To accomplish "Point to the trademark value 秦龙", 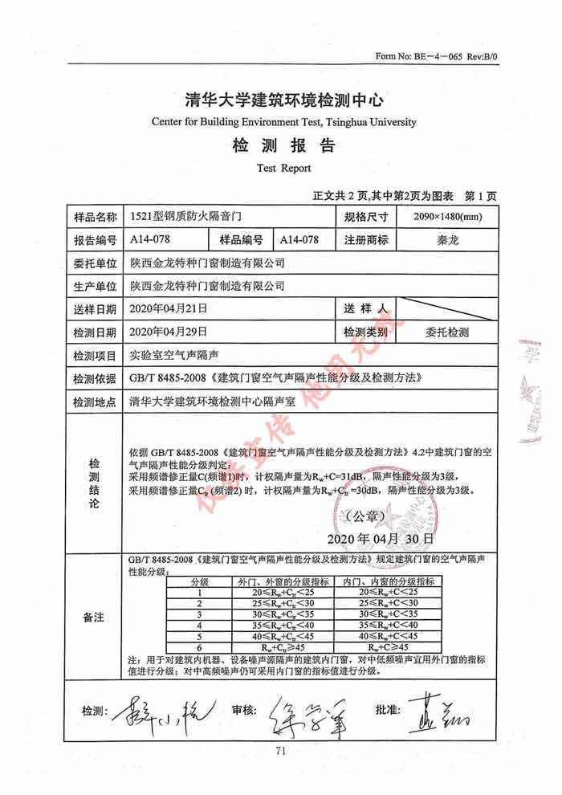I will coord(447,240).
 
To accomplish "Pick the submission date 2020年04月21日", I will coord(168,308).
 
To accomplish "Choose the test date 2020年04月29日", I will coord(168,332).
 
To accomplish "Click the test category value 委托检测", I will coord(447,332).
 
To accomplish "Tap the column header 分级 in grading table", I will coord(199,581).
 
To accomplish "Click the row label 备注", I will coord(95,617).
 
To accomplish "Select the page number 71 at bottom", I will coord(281,752).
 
